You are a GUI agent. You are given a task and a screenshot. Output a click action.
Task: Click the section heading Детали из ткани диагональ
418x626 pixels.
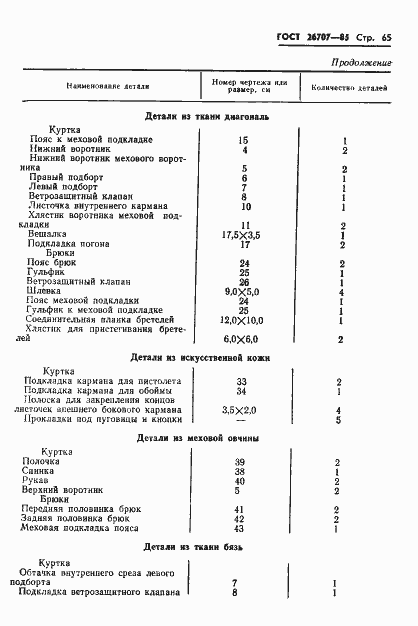pos(206,116)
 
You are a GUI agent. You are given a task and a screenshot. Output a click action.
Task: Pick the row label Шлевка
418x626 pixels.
pos(45,291)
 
